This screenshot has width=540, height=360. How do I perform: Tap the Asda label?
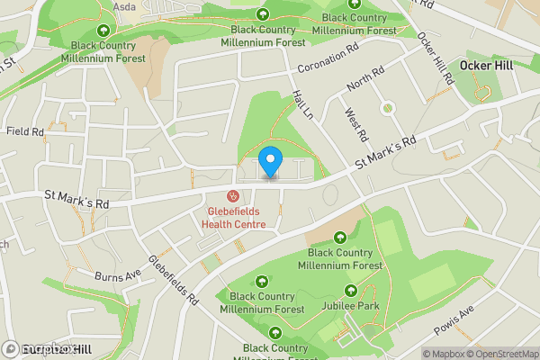124,5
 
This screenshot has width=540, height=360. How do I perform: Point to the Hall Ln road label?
302,105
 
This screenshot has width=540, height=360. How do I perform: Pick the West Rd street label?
356,124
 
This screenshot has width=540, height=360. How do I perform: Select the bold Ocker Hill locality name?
486,66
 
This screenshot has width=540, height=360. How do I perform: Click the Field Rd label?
25,131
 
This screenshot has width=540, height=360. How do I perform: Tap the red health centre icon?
232,195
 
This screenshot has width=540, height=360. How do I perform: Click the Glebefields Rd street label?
174,280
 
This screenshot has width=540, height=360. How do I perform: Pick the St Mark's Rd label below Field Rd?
76,200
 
